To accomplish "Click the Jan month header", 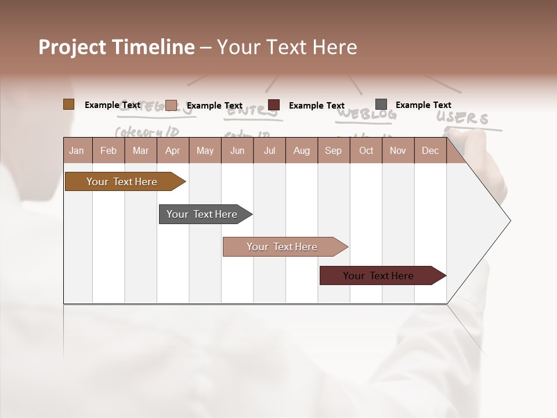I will (77, 150).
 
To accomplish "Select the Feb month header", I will (108, 150).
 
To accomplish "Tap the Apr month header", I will (172, 150).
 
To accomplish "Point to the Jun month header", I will (237, 150).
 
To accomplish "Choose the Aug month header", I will (301, 150).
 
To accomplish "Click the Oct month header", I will (366, 150).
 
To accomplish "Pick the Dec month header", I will (430, 150).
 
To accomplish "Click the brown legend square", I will (68, 105).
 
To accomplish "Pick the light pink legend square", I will (171, 105).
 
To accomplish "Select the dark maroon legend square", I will (274, 105).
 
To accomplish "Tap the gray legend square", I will (381, 105).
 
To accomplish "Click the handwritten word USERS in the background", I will (463, 118).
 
